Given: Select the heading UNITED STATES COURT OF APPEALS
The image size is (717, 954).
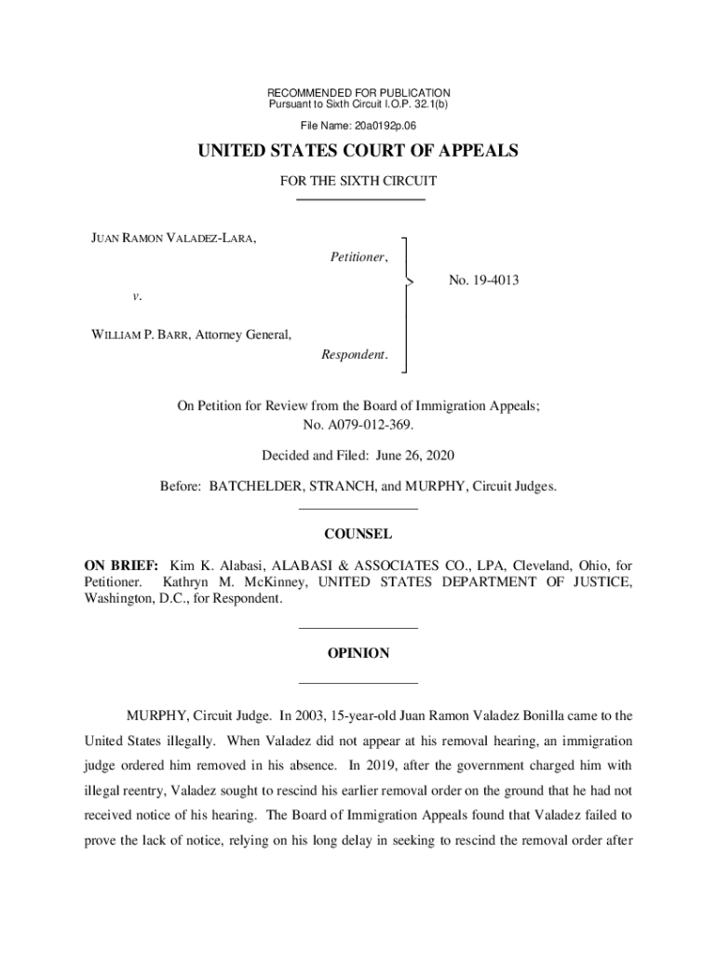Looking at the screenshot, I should click(358, 152).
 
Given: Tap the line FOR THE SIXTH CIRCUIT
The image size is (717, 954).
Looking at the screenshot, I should click(358, 182).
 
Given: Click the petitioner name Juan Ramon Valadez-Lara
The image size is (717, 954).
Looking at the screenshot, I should click(173, 238).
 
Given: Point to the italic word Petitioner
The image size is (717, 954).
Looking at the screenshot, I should click(359, 257).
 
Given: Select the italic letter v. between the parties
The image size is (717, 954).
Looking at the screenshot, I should click(137, 296).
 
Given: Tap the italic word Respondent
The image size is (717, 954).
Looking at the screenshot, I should click(355, 355).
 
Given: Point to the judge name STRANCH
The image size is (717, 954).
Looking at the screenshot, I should click(359, 487).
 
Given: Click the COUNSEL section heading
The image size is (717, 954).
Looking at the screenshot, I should click(358, 535).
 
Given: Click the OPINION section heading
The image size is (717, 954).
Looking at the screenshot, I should click(358, 654).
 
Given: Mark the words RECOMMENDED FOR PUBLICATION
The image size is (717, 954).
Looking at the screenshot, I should click(358, 93).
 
